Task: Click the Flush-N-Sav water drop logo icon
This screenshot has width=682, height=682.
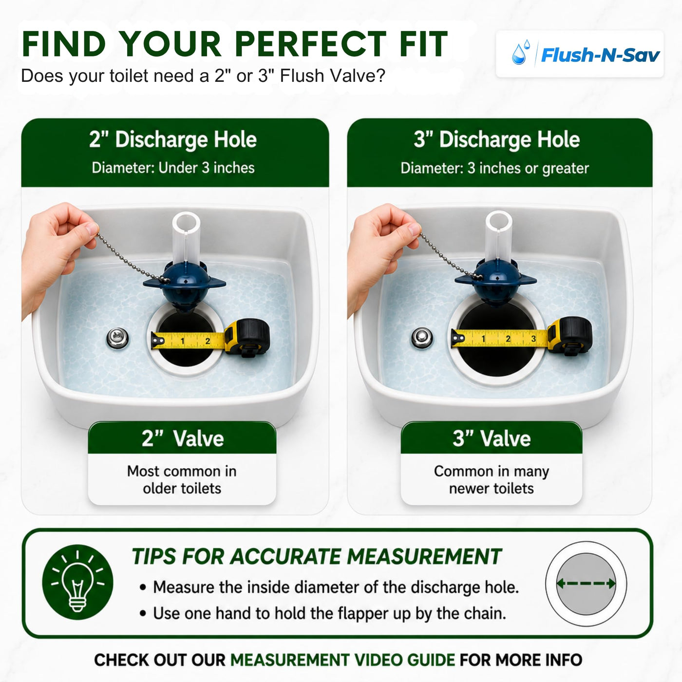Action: coord(521,53)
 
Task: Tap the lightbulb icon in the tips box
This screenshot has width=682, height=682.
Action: coord(77,582)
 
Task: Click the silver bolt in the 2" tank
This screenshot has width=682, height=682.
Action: coord(117,339)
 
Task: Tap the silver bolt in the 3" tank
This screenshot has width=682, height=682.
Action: coord(422,338)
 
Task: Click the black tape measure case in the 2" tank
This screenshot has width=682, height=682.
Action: coord(248,338)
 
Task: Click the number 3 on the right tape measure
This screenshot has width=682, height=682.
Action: coord(533,339)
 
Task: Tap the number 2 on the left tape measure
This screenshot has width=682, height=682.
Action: coord(208,341)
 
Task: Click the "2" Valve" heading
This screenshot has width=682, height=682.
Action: coord(183,438)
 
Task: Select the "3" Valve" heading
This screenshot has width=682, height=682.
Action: coord(492,438)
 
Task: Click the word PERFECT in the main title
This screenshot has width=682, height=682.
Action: coord(310,44)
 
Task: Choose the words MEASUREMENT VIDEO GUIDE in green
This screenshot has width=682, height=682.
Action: coord(342,660)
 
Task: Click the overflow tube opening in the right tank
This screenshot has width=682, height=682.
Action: coord(499,221)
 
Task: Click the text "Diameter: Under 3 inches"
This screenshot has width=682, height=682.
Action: coord(173,168)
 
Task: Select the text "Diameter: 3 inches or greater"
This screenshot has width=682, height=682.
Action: coord(495,169)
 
